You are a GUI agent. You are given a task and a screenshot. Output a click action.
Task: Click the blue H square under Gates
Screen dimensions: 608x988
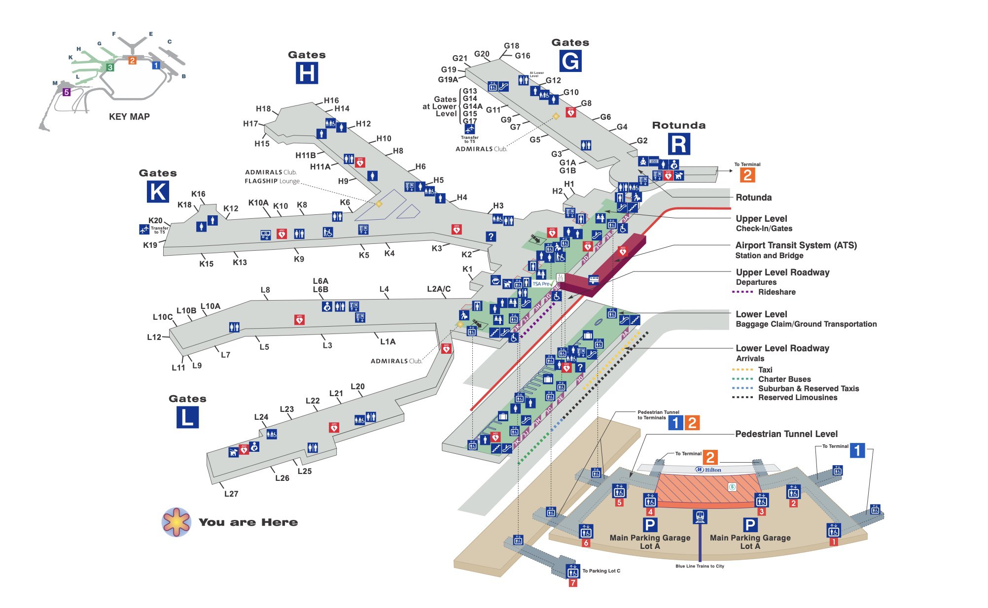[307, 73]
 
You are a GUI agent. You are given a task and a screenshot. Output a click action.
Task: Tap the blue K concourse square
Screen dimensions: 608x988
[158, 192]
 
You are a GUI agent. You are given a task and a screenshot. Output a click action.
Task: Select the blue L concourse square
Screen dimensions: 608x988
[187, 417]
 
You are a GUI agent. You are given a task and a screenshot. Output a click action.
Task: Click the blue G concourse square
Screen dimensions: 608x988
[570, 61]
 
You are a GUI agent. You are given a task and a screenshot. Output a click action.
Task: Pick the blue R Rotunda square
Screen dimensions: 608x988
[679, 144]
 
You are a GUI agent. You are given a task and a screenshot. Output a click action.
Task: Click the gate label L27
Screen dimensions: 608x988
[231, 494]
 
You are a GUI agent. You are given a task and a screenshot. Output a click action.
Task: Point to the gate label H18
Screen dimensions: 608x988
[263, 109]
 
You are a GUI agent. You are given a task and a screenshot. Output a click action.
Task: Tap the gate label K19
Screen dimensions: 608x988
[150, 245]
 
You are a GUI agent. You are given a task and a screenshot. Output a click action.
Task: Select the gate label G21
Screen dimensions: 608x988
[459, 58]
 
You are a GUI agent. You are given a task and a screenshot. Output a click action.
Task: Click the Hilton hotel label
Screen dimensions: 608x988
[709, 470]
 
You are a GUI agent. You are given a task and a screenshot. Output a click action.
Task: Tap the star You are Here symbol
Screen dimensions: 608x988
[176, 522]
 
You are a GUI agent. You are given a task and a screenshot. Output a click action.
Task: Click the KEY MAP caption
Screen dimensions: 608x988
[129, 117]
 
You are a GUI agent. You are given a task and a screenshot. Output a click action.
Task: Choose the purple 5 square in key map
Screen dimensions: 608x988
[67, 92]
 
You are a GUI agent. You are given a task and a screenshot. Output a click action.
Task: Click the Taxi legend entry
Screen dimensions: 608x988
[765, 370]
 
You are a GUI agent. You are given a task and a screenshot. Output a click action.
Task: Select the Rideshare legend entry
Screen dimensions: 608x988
[776, 292]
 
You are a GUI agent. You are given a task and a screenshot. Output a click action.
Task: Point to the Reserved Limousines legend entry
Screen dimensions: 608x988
[797, 398]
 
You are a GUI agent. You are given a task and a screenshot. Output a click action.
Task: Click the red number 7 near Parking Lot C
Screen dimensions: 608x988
[572, 583]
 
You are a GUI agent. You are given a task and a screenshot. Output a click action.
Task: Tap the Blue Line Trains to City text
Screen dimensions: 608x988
[699, 566]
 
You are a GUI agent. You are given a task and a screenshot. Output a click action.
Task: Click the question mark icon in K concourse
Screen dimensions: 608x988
[491, 236]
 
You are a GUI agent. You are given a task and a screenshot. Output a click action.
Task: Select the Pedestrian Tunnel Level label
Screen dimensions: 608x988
[786, 434]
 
